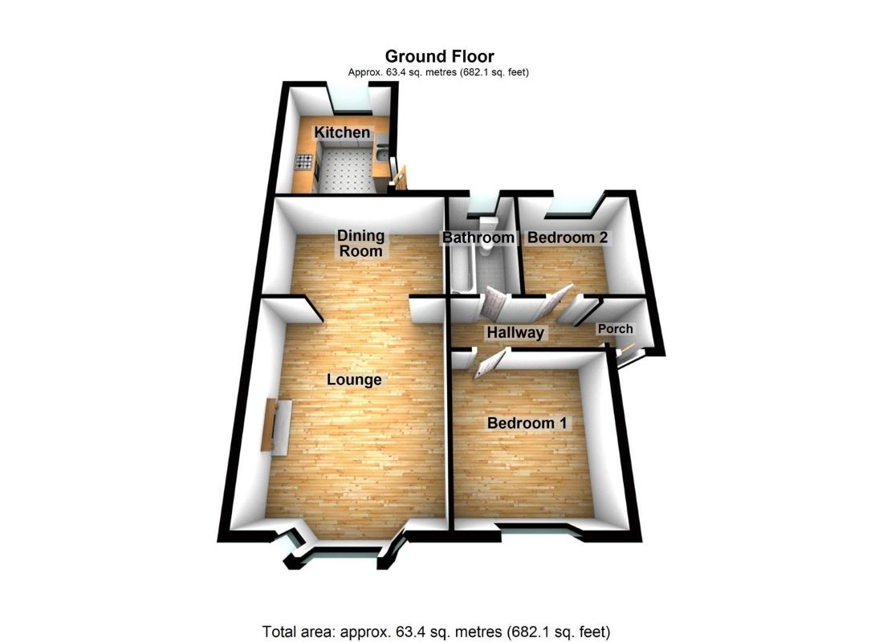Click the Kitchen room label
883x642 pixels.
click(342, 132)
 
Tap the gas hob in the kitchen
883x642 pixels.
click(304, 162)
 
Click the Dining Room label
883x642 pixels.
click(360, 243)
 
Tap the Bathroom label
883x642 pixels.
click(478, 238)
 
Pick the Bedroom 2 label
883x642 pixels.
click(568, 238)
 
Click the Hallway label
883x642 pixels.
click(515, 332)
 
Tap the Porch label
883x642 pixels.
click(615, 329)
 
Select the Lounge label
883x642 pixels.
click(354, 380)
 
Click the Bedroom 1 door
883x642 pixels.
click(489, 365)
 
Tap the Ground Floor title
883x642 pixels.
click(439, 56)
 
